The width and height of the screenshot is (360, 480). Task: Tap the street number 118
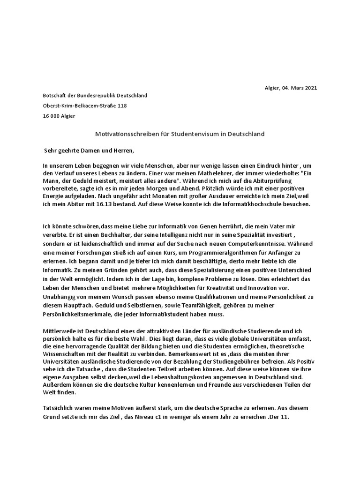pos(121,106)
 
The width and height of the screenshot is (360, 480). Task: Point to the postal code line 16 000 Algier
pos(59,116)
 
